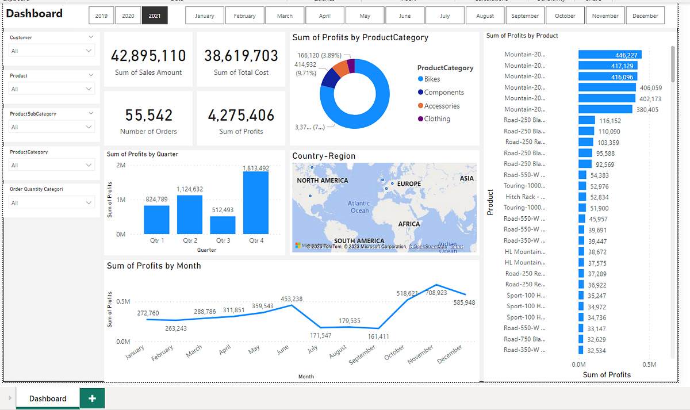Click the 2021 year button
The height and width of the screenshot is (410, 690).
(155, 16)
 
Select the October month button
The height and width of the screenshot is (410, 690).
(565, 16)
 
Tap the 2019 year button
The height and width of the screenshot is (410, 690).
(101, 16)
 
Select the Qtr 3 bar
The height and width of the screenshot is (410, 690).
(223, 225)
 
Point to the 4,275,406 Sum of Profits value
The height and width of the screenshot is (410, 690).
(241, 116)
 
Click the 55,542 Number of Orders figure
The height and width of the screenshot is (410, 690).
(148, 116)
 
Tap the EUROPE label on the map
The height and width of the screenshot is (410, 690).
(409, 184)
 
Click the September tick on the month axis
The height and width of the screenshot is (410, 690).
(363, 354)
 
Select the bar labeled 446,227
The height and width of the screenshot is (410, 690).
(609, 55)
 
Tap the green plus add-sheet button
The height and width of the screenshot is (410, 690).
(92, 398)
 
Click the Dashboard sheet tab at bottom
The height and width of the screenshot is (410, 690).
(48, 398)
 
